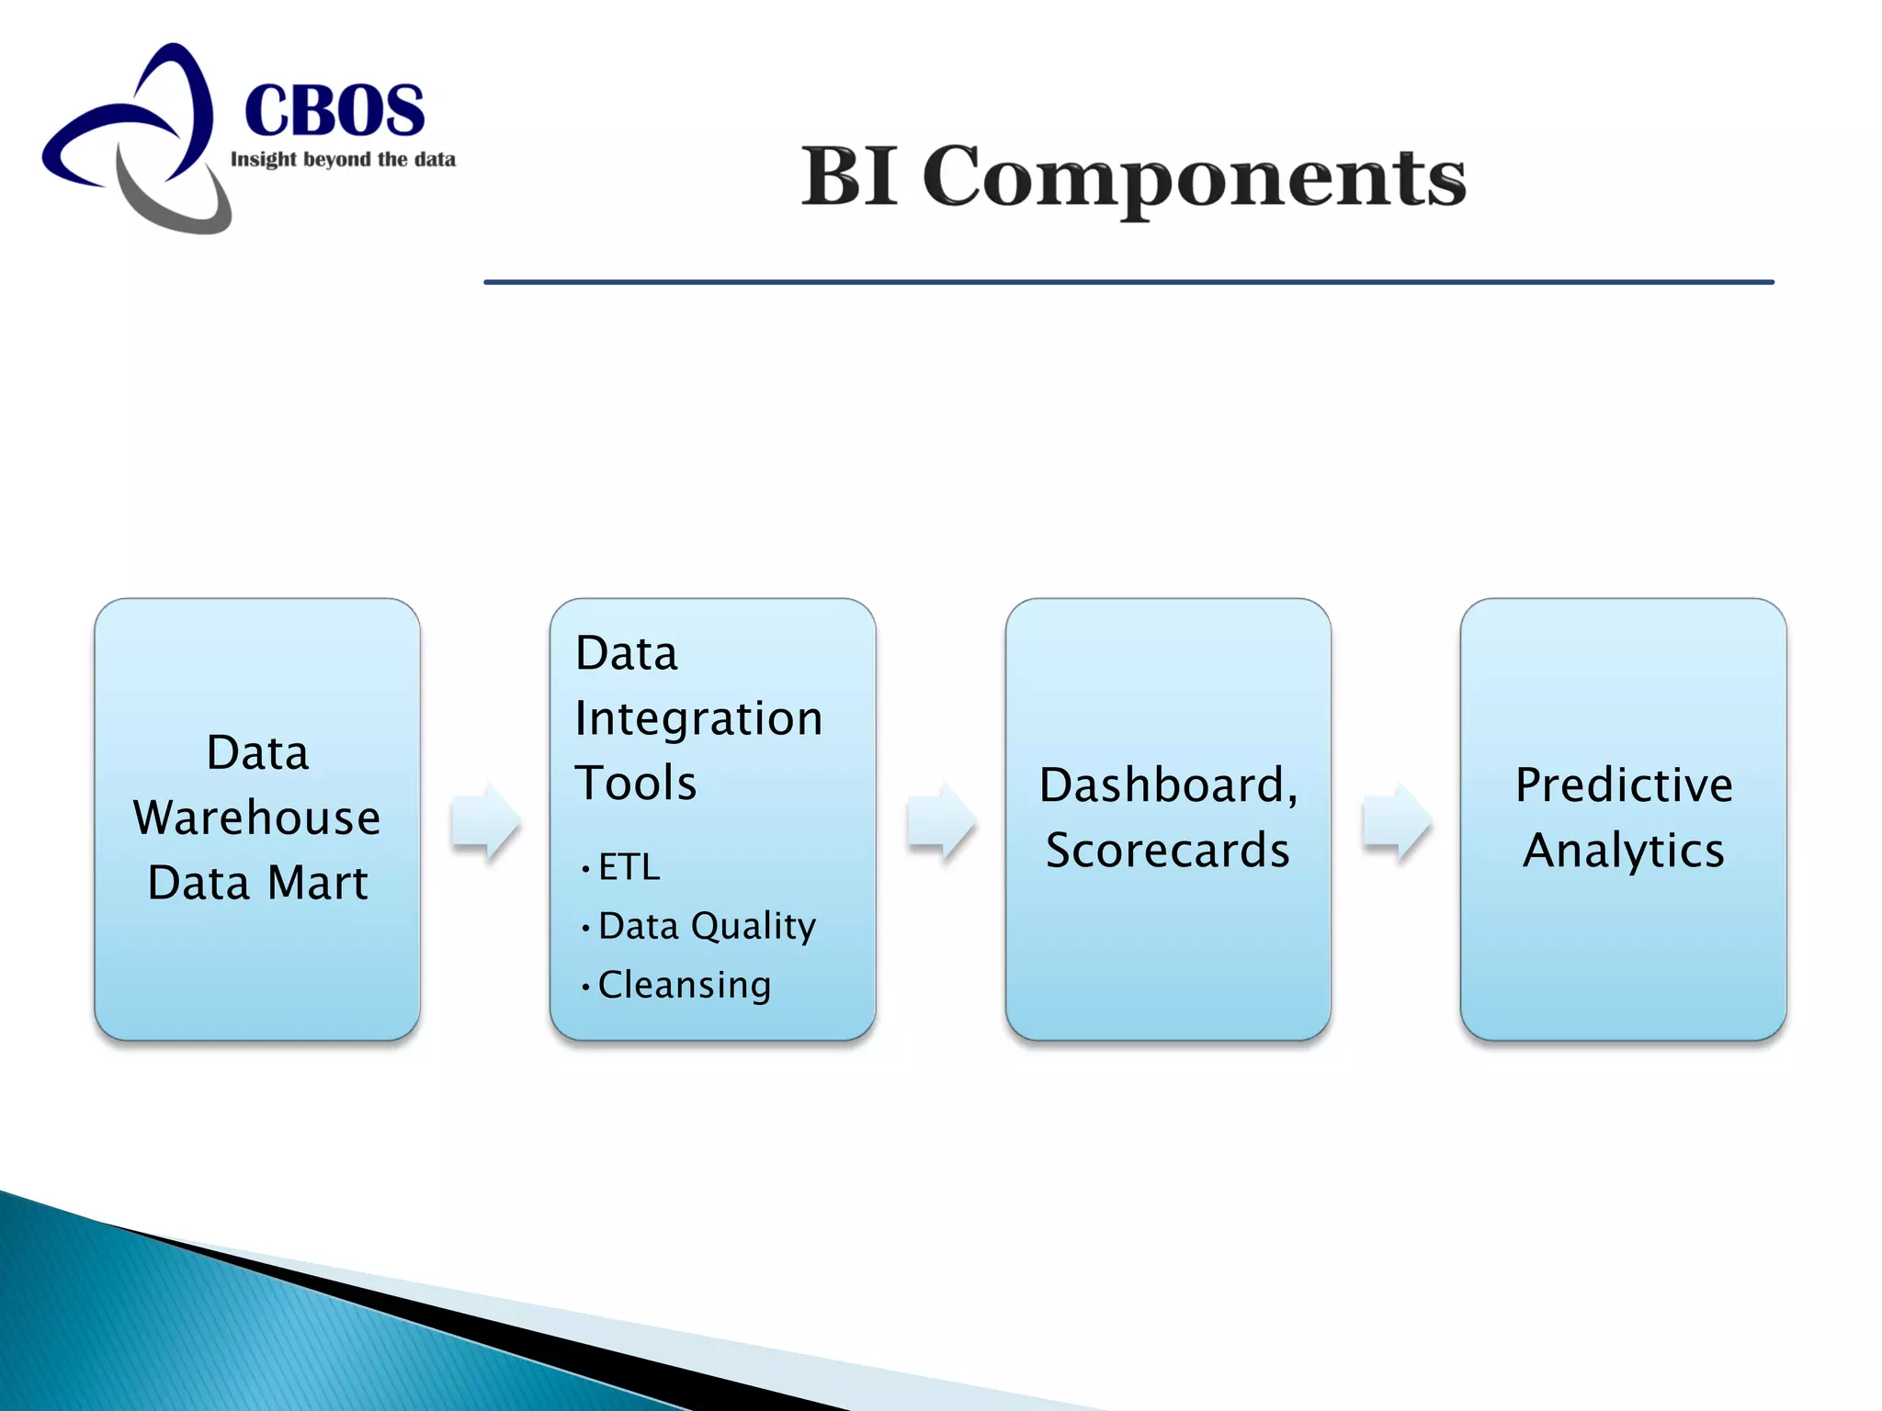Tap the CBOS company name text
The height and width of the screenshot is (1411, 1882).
334,110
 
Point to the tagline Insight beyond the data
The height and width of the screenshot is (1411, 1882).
343,160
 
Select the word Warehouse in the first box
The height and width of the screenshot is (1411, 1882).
257,818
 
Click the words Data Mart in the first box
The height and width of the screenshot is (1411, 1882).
257,883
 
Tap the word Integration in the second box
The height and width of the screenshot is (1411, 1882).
698,718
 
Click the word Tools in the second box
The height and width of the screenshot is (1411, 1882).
636,784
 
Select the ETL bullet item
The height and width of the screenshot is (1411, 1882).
629,867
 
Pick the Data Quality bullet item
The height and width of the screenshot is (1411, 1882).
706,926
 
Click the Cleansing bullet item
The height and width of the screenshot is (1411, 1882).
684,985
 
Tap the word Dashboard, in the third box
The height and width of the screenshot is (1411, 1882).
1168,785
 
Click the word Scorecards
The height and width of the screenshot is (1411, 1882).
1168,851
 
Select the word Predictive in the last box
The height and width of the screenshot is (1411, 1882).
1624,785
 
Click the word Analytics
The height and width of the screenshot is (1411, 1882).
1624,851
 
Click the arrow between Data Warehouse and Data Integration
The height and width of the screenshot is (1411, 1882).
485,820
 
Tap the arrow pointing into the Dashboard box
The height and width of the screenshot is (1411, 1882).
940,820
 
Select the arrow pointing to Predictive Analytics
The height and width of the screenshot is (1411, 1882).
1396,820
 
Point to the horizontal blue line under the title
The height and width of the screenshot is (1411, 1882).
1128,282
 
